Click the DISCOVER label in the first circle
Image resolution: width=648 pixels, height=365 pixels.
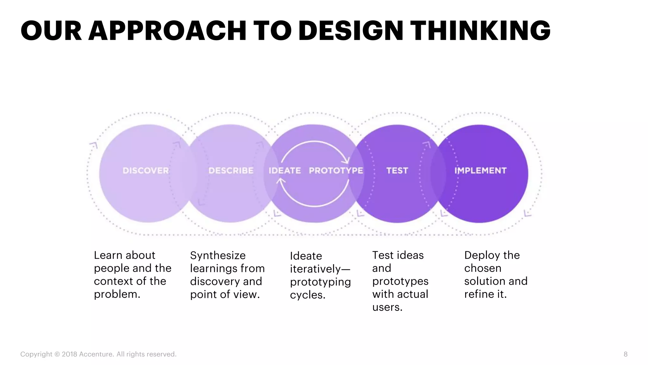[146, 171]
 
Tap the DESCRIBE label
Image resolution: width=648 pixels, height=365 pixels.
[231, 171]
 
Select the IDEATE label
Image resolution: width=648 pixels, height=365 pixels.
[285, 171]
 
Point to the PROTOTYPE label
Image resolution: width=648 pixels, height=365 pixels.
[336, 171]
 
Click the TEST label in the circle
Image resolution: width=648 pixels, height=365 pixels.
[397, 171]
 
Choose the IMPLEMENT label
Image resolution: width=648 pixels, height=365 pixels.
[480, 171]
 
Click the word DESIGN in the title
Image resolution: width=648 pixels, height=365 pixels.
[351, 31]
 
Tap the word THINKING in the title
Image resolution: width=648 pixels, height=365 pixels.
[480, 31]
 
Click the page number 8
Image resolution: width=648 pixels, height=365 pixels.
[625, 354]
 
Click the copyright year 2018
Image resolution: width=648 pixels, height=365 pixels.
[69, 354]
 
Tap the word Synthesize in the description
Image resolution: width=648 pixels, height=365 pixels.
[218, 255]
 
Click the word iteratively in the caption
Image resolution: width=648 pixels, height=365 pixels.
[315, 269]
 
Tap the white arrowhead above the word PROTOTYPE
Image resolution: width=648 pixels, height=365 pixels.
[346, 160]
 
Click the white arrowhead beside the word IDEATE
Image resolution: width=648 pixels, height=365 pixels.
[281, 181]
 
